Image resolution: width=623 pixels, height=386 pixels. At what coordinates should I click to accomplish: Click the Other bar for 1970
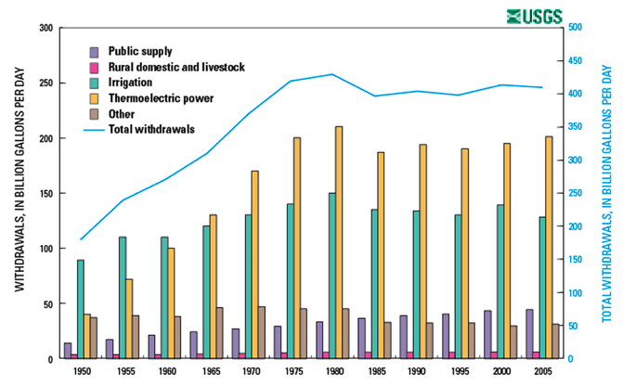pyautogui.click(x=261, y=332)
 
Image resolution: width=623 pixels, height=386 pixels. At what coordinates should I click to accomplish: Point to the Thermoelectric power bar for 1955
pyautogui.click(x=129, y=318)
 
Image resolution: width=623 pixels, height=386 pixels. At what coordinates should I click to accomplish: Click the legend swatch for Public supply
pyautogui.click(x=94, y=50)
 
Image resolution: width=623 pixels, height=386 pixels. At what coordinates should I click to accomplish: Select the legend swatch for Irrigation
pyautogui.click(x=94, y=82)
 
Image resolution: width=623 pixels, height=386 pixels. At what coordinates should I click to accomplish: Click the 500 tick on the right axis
pyautogui.click(x=575, y=28)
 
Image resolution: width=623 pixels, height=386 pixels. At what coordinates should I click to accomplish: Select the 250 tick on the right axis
pyautogui.click(x=575, y=193)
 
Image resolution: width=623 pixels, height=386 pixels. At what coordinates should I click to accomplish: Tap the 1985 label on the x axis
pyautogui.click(x=369, y=370)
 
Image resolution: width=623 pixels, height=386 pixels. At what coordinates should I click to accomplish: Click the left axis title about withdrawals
pyautogui.click(x=20, y=193)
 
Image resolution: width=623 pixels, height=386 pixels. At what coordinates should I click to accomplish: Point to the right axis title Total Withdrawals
pyautogui.click(x=606, y=193)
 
